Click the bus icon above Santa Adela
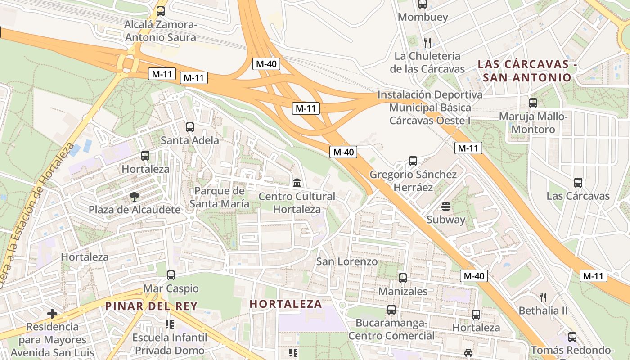tap(190, 127)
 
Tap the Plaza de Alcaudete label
tap(134, 210)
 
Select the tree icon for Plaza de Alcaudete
tap(134, 196)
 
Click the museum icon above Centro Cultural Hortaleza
tap(297, 183)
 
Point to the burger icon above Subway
tap(446, 207)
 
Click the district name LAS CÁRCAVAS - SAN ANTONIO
tap(527, 71)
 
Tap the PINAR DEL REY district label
tap(151, 306)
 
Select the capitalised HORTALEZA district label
tap(286, 304)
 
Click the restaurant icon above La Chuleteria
tap(427, 43)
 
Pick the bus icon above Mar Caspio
tap(171, 275)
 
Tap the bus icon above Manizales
tap(403, 278)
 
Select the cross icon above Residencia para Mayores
tap(52, 313)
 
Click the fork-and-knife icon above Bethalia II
tap(543, 297)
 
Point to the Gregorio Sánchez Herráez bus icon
tap(413, 161)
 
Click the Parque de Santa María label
tap(219, 197)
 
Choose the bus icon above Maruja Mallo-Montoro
tap(533, 103)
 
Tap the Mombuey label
tap(423, 17)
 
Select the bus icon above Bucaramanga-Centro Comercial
tap(391, 310)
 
